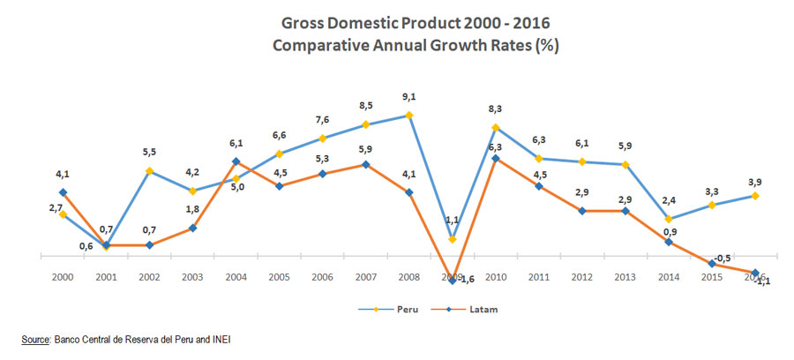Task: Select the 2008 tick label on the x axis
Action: pos(409,277)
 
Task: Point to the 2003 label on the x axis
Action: pos(192,277)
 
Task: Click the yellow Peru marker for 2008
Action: pos(409,115)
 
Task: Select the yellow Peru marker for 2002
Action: pos(149,170)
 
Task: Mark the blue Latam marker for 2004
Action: pos(236,161)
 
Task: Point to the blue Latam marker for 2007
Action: pos(366,164)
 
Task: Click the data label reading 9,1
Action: pos(409,98)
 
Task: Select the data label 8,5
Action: pos(366,108)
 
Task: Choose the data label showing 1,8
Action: pos(192,210)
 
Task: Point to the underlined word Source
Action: pos(36,339)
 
